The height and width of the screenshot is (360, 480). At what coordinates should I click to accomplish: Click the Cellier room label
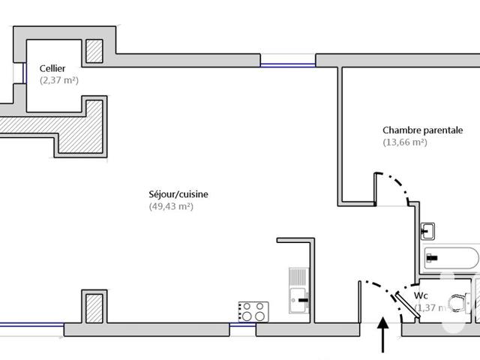[x=52, y=67]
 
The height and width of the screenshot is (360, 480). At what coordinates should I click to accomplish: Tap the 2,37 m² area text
[x=59, y=79]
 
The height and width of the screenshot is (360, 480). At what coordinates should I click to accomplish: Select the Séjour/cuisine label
[x=178, y=194]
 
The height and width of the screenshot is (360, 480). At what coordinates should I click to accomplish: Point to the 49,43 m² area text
[x=171, y=206]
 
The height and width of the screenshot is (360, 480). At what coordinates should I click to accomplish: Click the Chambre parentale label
[x=422, y=130]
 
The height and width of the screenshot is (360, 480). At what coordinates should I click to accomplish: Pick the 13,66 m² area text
[x=405, y=142]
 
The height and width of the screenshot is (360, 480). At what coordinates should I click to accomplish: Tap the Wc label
[x=421, y=295]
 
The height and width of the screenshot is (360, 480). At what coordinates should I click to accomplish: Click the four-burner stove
[x=253, y=310]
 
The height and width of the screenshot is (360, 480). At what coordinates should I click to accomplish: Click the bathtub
[x=450, y=259]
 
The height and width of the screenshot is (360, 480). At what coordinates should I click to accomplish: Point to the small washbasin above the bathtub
[x=430, y=229]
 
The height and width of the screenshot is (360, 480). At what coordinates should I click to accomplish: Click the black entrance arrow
[x=385, y=334]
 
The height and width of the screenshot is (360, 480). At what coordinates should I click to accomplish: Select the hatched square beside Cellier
[x=94, y=51]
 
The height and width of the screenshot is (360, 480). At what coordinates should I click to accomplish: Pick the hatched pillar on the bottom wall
[x=93, y=307]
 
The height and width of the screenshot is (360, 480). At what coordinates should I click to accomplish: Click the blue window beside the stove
[x=242, y=325]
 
